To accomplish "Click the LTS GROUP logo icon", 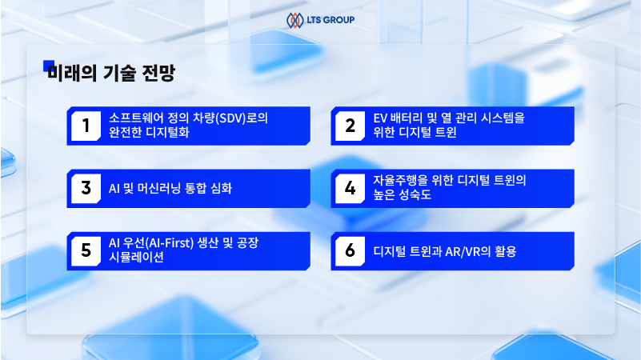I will click(x=294, y=19).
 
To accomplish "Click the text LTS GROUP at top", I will click(x=329, y=19).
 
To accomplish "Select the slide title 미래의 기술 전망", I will click(x=111, y=74).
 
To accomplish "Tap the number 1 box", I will click(x=85, y=126).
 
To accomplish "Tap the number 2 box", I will click(x=350, y=126).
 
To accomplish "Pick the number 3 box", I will click(x=85, y=188).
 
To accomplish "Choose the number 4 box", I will click(x=350, y=188).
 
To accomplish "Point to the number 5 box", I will click(x=85, y=250).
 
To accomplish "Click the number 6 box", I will click(x=350, y=250).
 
